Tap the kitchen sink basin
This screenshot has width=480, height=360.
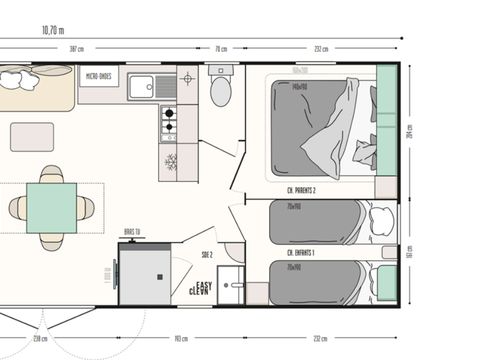pyautogui.click(x=142, y=87)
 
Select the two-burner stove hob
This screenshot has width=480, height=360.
pyautogui.click(x=168, y=121)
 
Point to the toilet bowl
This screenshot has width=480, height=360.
pyautogui.click(x=221, y=93)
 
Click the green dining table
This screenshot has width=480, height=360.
pyautogui.click(x=51, y=206)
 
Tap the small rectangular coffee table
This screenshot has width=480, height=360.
pyautogui.click(x=32, y=136)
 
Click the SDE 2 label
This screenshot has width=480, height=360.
pyautogui.click(x=208, y=257)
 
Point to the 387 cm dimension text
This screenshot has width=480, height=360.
pyautogui.click(x=104, y=48)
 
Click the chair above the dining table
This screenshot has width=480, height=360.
pyautogui.click(x=51, y=174)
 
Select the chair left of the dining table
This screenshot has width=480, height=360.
pyautogui.click(x=18, y=207)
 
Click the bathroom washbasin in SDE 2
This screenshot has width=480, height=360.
pyautogui.click(x=233, y=286)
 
